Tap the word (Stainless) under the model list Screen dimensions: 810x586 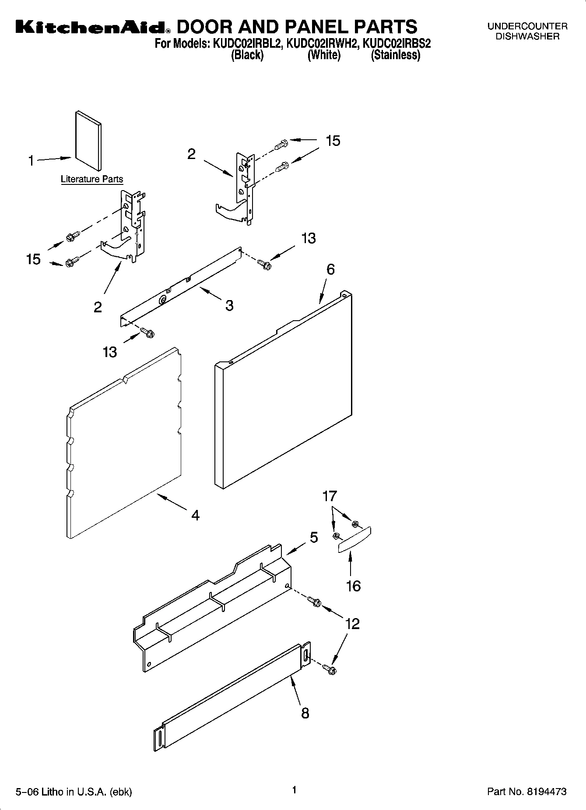point(395,55)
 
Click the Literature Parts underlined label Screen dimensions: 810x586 point(92,179)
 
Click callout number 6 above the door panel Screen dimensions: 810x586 point(330,269)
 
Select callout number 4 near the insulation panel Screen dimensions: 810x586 point(195,515)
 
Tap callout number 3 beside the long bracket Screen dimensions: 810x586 point(229,305)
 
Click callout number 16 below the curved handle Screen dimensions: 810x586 point(353,586)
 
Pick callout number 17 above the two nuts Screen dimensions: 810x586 point(330,496)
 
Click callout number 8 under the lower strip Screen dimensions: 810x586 point(305,713)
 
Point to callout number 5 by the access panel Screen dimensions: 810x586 point(314,538)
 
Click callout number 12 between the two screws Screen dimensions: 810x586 point(352,624)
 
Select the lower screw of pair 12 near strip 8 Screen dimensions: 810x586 point(329,669)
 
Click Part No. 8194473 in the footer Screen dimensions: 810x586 point(526,792)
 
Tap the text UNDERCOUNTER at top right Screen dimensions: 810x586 point(527,26)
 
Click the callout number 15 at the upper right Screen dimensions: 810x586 point(333,141)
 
